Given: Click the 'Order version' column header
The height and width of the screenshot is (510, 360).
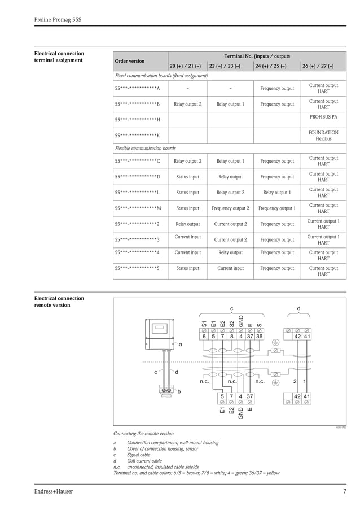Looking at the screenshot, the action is pos(129,61).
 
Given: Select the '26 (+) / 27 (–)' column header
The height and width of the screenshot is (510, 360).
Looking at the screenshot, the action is pos(318,66).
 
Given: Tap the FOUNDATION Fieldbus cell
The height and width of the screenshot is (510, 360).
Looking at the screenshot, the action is pos(323,135).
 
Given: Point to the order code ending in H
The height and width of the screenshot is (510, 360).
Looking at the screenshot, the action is pos(137,120).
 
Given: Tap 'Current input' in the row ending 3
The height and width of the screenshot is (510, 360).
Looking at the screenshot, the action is pos(188,237).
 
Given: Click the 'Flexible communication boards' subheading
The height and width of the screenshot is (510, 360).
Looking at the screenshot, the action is pos(145,149).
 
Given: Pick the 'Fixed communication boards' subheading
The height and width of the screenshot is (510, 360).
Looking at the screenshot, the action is pos(161,76).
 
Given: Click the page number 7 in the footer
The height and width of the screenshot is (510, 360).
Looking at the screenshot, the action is pos(344,491).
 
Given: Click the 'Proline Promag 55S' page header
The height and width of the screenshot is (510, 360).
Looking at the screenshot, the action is pos(58,20).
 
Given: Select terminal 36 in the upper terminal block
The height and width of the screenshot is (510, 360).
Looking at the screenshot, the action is pos(259,337).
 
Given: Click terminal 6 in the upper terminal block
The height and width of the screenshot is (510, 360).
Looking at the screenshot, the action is pos(204,337).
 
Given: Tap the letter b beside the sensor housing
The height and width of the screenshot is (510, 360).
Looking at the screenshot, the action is pos(179,391).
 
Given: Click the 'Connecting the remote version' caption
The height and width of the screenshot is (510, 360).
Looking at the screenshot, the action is pos(143,434).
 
